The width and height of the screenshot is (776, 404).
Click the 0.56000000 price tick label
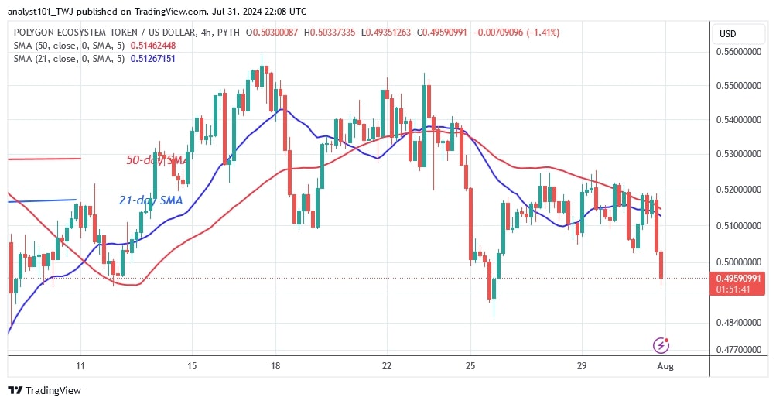[741, 52]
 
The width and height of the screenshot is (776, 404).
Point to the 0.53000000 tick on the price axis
[741, 154]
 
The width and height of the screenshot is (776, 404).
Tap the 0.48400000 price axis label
[741, 322]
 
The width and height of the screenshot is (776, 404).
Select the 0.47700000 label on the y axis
[741, 350]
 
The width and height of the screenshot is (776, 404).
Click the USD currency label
[728, 34]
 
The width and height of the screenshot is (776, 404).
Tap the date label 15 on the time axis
[192, 366]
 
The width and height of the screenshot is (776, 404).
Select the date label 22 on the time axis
[387, 366]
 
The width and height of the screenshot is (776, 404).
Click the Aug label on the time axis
[665, 366]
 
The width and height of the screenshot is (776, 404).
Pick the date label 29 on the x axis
[583, 366]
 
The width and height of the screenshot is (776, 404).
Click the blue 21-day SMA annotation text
[151, 200]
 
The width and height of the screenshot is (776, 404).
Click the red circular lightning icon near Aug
[661, 344]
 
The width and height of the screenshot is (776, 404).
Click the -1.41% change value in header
[543, 33]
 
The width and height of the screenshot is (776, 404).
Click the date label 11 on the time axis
[80, 366]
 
